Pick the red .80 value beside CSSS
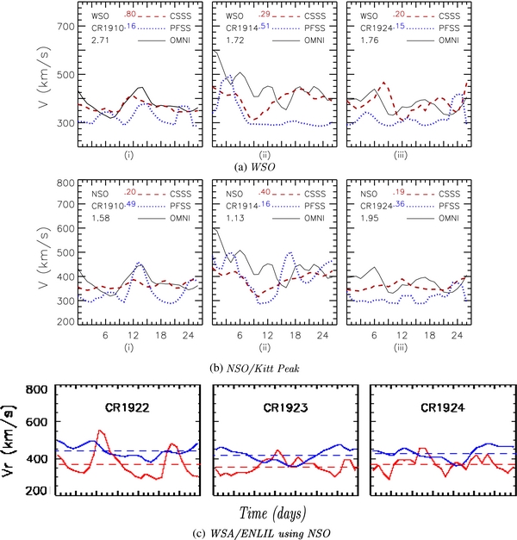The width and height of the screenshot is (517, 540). point(128,13)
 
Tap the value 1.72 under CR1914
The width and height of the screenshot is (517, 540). point(226,40)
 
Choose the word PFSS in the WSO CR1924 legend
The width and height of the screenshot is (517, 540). point(457,28)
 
